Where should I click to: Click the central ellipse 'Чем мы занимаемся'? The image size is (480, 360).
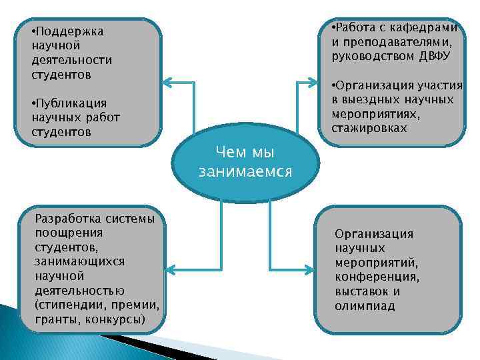245,162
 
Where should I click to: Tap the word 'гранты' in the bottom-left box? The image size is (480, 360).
55,320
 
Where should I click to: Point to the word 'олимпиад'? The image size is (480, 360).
365,307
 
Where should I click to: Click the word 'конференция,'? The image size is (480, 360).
377,277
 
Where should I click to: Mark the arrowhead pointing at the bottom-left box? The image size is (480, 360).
168,269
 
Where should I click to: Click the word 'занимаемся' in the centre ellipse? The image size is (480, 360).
245,172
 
